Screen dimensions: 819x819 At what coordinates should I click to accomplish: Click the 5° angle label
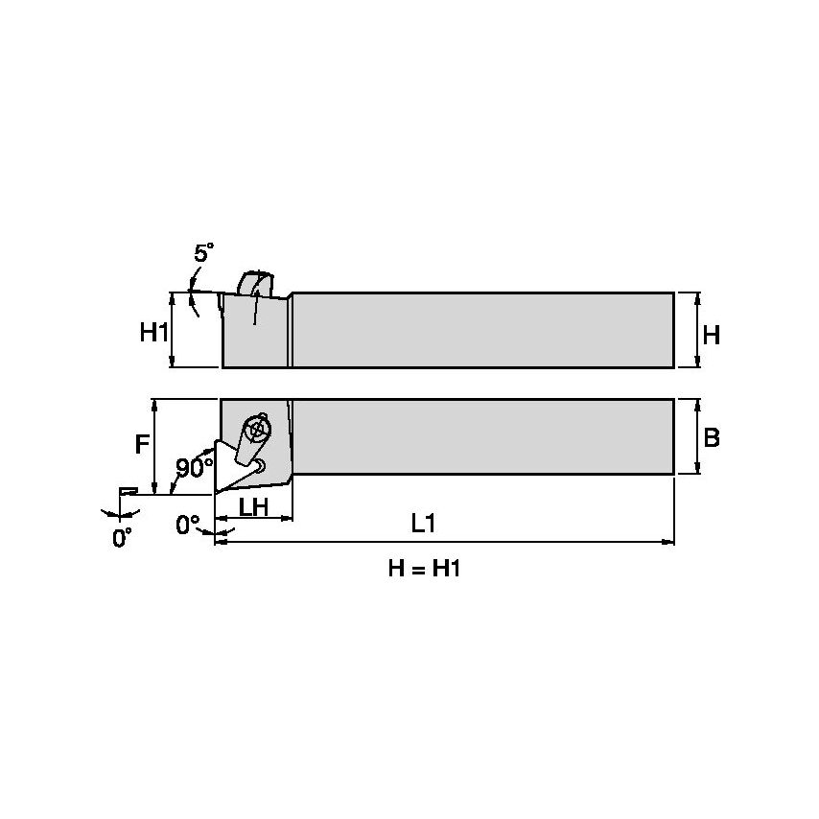tap(203, 253)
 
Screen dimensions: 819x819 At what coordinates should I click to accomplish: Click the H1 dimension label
tap(153, 333)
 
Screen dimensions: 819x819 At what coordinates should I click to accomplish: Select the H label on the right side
tap(711, 335)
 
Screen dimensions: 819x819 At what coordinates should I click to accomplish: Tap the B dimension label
tap(712, 438)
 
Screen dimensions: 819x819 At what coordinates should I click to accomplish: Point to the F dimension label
tap(141, 445)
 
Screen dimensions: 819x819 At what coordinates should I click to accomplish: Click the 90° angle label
tap(195, 467)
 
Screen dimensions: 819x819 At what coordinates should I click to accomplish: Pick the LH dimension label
tap(252, 507)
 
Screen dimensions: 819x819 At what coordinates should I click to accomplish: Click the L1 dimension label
tap(423, 524)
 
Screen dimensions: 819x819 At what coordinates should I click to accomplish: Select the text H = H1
tap(425, 569)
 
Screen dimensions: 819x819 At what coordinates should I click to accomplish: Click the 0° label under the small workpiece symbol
tap(122, 538)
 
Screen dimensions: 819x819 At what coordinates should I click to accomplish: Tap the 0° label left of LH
tap(189, 524)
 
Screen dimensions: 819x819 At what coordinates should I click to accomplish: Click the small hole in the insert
tap(261, 465)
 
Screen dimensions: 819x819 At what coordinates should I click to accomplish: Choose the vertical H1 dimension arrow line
tap(173, 330)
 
